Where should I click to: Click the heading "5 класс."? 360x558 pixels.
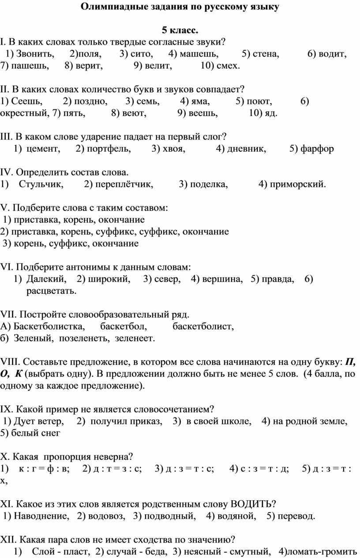click(x=180, y=30)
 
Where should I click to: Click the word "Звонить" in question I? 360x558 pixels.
click(x=37, y=54)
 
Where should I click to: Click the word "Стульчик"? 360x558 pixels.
click(x=41, y=184)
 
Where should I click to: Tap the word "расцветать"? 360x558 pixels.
click(x=51, y=291)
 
